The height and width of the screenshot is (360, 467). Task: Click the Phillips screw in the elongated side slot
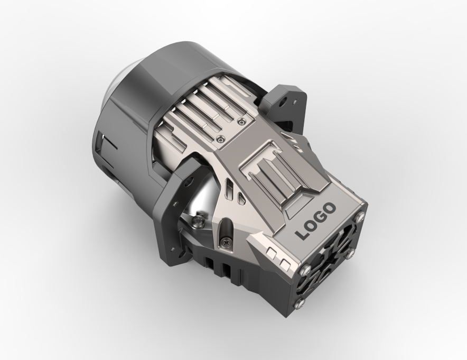pyautogui.click(x=225, y=242)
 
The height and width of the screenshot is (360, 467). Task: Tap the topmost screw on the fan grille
pyautogui.click(x=361, y=217)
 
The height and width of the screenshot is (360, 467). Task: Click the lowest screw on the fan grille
pyautogui.click(x=298, y=303)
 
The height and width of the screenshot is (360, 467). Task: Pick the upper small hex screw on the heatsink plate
pyautogui.click(x=241, y=121)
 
